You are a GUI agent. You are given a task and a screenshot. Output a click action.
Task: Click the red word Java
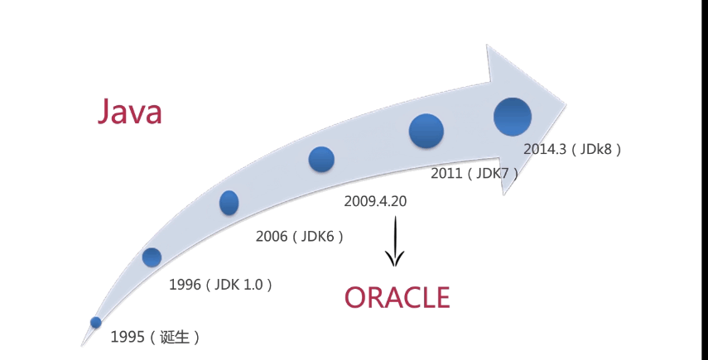(x=130, y=111)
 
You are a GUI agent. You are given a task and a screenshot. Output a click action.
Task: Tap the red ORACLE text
(x=397, y=297)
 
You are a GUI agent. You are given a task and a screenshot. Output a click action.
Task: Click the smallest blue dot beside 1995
(x=96, y=322)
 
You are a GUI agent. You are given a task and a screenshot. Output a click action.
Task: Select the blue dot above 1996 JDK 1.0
(x=152, y=257)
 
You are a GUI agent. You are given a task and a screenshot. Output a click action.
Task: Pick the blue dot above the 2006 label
(x=229, y=203)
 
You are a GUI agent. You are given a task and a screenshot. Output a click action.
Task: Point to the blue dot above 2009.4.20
(x=321, y=159)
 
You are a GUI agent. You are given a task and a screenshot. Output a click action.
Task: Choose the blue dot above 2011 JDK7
(x=426, y=131)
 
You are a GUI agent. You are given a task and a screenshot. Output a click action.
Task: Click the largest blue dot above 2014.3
(x=513, y=117)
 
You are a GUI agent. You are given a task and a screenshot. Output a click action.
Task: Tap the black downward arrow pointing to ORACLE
(x=395, y=242)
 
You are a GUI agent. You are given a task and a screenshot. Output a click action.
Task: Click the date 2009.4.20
(x=375, y=201)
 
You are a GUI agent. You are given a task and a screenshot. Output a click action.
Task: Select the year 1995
(x=128, y=337)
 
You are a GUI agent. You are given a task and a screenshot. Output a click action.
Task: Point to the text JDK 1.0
(x=238, y=285)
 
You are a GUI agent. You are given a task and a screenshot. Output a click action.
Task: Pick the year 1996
(x=185, y=285)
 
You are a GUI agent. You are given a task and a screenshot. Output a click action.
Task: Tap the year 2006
(x=272, y=237)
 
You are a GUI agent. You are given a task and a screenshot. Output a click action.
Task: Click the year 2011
(x=446, y=173)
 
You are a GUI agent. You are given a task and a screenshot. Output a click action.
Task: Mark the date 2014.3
(x=545, y=149)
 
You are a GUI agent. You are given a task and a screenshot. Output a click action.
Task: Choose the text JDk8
(x=595, y=149)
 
